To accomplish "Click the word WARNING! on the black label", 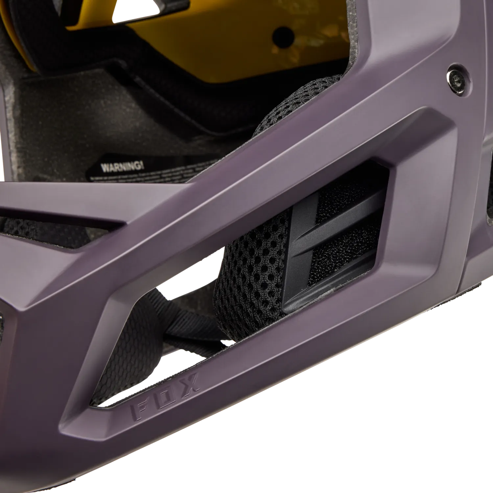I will point(121,166).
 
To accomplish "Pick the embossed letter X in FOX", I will point(190,385).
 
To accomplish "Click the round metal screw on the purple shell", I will point(458,79).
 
